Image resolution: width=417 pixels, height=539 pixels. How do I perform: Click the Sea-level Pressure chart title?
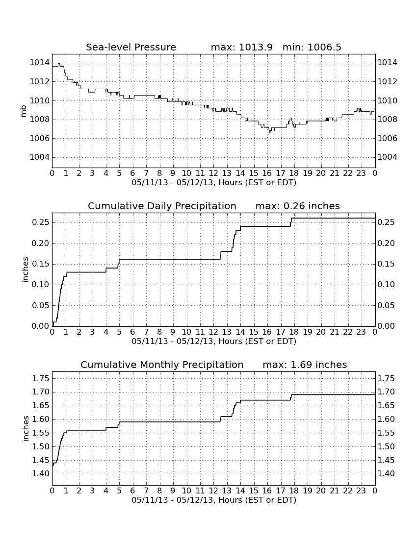tap(131, 47)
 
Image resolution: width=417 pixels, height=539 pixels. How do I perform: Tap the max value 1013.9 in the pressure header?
tap(255, 47)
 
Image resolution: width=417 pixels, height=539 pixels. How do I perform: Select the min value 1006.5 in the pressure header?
tap(324, 47)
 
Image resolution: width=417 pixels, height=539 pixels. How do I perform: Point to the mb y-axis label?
tap(24, 111)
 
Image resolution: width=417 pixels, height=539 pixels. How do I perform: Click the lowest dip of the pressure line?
tap(270, 133)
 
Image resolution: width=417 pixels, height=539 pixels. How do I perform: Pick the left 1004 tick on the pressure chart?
tap(40, 157)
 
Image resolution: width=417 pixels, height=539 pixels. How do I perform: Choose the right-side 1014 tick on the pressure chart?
tap(388, 63)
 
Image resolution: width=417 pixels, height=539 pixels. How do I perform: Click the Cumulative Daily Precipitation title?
tap(162, 206)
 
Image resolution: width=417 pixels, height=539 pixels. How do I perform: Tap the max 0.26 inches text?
tap(298, 206)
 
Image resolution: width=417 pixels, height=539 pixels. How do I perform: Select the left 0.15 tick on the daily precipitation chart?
tap(41, 264)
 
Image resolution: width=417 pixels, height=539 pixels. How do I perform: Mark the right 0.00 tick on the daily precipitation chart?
tap(387, 326)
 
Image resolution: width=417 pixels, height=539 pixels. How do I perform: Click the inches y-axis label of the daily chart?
tap(25, 270)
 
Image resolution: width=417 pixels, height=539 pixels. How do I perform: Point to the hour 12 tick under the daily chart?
tap(213, 332)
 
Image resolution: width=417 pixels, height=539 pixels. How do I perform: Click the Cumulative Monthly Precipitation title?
tap(162, 365)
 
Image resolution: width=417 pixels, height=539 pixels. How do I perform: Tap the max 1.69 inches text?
tap(305, 365)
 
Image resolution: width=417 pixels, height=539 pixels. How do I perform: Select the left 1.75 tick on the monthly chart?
tap(41, 378)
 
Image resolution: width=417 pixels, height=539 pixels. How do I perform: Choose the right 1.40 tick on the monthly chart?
tap(387, 474)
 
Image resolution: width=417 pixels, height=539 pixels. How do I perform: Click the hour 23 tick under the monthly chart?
tap(361, 490)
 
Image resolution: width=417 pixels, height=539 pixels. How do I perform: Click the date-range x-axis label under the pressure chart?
tap(214, 183)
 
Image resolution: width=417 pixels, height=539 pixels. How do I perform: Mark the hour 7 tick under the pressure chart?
tap(146, 173)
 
